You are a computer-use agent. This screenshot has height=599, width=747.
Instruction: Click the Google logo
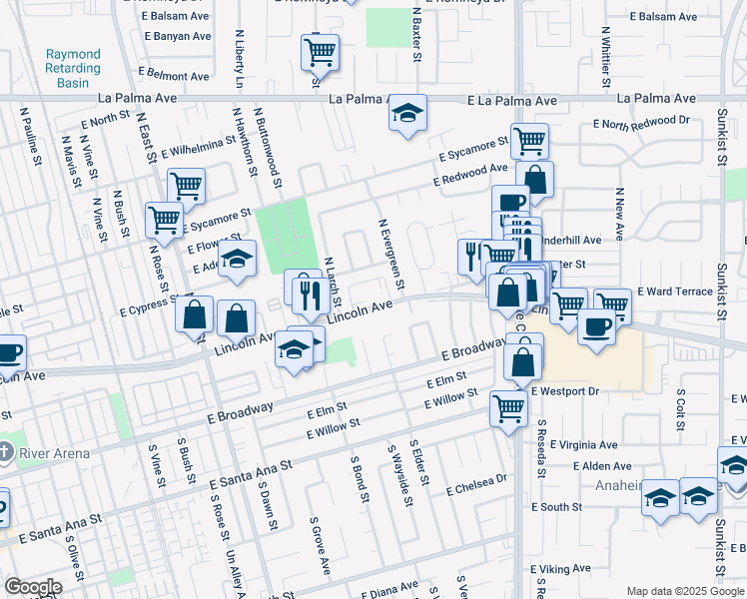point(33,586)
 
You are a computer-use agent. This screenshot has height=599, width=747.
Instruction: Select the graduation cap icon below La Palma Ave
point(407,115)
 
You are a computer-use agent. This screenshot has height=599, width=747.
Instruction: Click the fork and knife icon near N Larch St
point(310,294)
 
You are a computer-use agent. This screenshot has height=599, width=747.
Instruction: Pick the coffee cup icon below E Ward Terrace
point(597,327)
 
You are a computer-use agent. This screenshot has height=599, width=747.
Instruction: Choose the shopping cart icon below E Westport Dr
point(509,407)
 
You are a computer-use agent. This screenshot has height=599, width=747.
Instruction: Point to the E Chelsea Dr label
point(477,485)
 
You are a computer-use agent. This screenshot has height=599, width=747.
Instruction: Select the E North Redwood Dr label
point(641,121)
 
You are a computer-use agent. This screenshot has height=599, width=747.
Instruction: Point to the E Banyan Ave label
point(178,36)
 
